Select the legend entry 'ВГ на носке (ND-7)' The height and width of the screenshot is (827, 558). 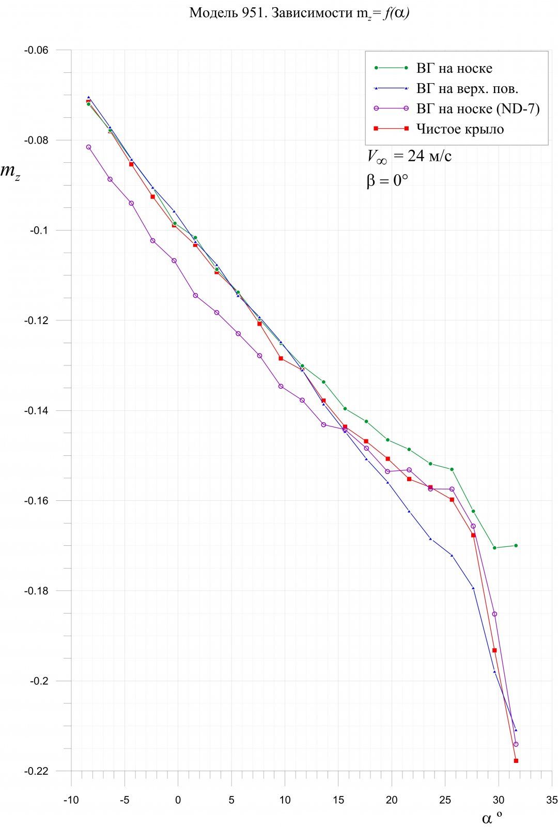[478, 109]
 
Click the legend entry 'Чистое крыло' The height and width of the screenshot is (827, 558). [460, 129]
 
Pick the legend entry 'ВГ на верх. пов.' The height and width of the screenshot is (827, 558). [467, 88]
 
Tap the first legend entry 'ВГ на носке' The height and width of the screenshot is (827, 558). [454, 68]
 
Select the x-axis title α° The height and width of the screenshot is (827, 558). [491, 817]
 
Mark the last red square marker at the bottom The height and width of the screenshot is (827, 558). [516, 761]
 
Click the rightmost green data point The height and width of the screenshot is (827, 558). [516, 545]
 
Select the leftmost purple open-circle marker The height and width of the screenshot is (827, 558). [88, 147]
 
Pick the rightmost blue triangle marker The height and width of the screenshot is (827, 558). [516, 730]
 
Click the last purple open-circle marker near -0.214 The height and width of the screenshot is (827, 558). [516, 744]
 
